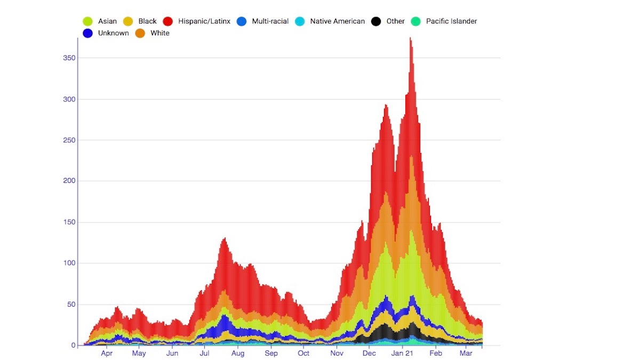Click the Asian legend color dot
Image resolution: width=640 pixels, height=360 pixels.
[87, 21]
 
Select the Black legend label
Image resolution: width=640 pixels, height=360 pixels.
[147, 21]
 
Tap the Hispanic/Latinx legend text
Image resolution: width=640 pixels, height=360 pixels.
[204, 21]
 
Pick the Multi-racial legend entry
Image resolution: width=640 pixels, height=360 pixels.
[270, 21]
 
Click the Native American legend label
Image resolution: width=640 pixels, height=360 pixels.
[338, 21]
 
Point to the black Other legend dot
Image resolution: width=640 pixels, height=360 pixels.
[376, 21]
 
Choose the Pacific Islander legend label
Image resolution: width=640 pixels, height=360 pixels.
[451, 21]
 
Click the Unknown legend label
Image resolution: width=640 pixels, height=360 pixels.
[113, 33]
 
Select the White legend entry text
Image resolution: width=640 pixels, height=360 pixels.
[160, 33]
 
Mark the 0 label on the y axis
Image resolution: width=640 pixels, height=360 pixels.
[74, 345]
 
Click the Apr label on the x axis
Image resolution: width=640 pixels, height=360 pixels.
[107, 353]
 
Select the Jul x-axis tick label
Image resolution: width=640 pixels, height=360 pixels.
[205, 353]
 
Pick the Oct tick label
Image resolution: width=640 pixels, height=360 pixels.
[303, 353]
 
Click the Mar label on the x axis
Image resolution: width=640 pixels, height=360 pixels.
[466, 353]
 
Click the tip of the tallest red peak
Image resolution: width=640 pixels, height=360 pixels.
[410, 38]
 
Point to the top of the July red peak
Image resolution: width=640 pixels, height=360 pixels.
[225, 238]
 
